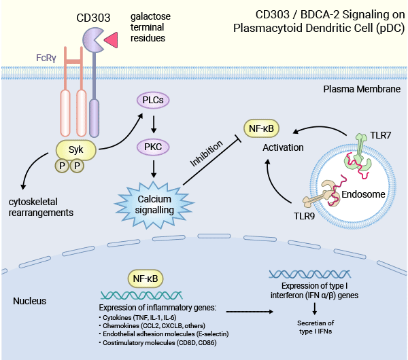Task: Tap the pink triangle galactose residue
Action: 112,40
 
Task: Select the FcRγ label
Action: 46,58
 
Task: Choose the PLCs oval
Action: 154,101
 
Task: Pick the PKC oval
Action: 154,145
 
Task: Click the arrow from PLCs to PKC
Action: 154,123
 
